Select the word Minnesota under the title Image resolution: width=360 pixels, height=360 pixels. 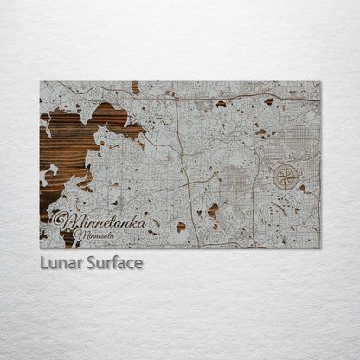[x=96, y=233]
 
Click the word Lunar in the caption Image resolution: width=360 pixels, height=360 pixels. [x=60, y=262]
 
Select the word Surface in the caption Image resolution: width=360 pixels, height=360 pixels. [x=113, y=262]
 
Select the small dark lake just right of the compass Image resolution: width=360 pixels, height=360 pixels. [x=303, y=188]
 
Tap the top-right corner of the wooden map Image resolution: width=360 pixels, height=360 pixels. [x=320, y=82]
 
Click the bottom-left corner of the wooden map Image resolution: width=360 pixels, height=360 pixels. [x=40, y=248]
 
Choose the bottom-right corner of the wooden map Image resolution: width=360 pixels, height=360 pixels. [x=320, y=248]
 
